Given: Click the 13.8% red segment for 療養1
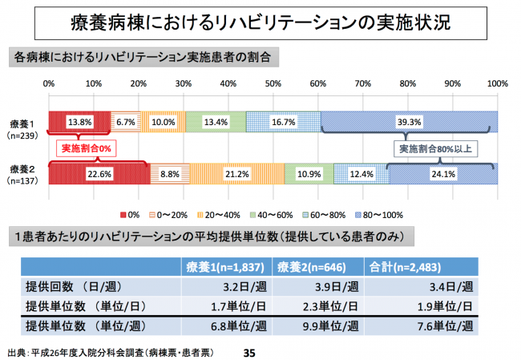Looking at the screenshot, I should (79, 121).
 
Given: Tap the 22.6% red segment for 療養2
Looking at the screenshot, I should (99, 173).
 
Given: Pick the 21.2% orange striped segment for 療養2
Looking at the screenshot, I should (236, 173).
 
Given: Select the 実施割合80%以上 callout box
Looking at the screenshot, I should (435, 148).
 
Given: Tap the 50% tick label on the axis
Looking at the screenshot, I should (273, 83).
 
